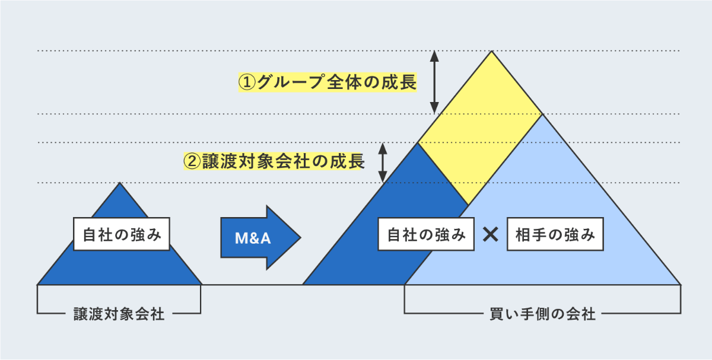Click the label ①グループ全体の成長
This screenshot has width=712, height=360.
(x=327, y=82)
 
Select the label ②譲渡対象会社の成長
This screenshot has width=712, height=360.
(x=274, y=161)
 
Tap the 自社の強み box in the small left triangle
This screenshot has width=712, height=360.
(x=122, y=235)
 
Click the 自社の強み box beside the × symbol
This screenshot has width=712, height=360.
(x=426, y=235)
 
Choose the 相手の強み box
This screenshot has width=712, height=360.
(x=555, y=235)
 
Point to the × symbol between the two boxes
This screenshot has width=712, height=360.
(x=491, y=235)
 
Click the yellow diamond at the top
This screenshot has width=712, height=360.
(x=481, y=128)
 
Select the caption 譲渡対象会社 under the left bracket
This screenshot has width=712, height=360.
(x=119, y=314)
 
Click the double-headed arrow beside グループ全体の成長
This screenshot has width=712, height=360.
(x=434, y=82)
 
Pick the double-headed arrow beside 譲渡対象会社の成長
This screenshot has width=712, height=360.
(x=383, y=162)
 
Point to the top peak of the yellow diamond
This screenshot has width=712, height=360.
(x=491, y=52)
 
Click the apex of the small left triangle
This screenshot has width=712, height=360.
(x=120, y=183)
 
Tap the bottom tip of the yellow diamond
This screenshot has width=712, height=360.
(x=469, y=204)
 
